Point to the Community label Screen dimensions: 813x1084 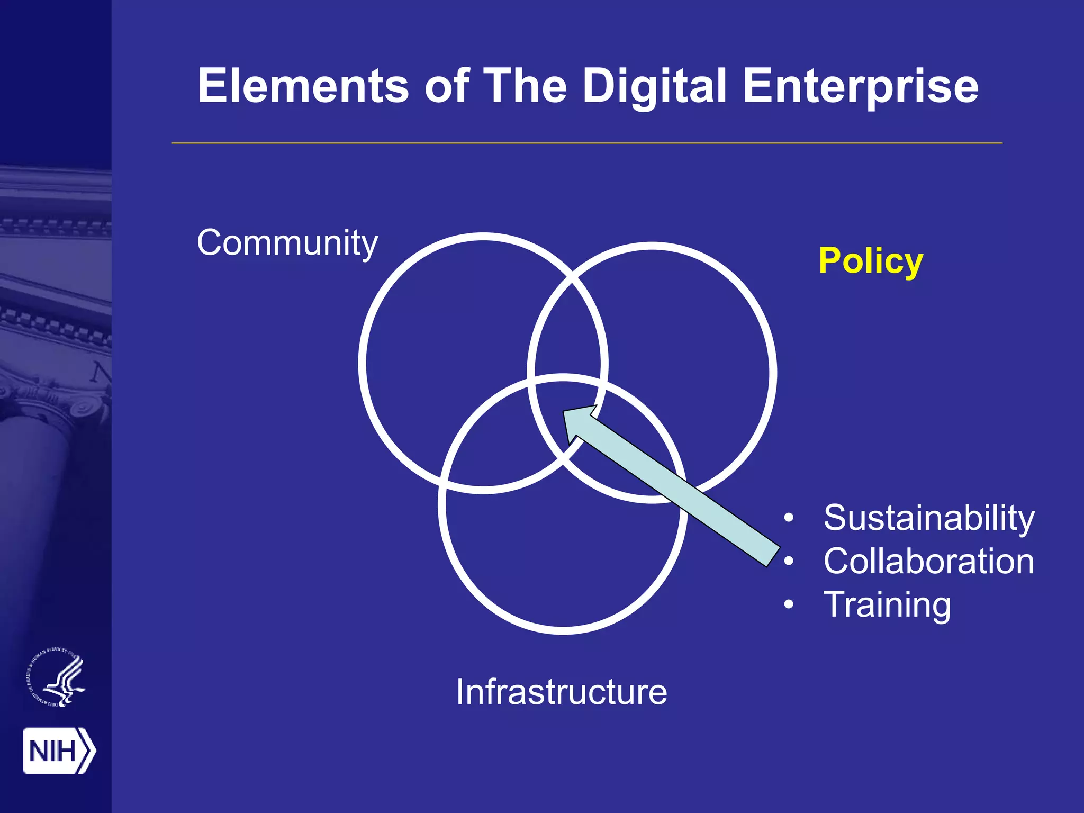[287, 243]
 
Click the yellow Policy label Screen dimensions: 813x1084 [871, 261]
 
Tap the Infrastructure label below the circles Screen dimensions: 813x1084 [562, 692]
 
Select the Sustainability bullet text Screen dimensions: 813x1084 [928, 518]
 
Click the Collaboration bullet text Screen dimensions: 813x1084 [928, 561]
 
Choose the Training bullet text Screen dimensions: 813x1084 [887, 604]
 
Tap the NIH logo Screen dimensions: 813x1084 [59, 751]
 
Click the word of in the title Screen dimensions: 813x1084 [446, 86]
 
